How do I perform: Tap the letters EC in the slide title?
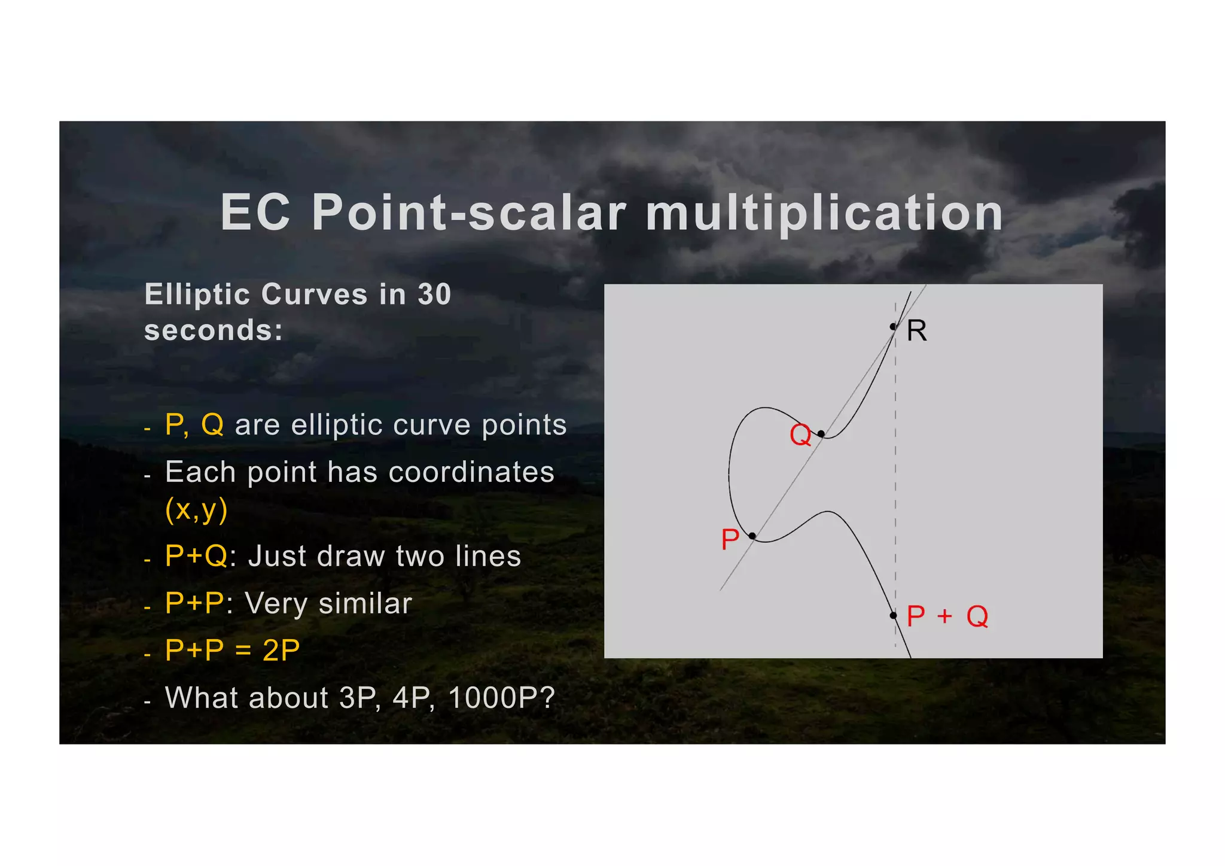point(255,213)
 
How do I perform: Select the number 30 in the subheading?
point(434,294)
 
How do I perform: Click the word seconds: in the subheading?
point(214,330)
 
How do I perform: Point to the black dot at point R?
point(893,327)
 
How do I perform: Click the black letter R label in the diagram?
point(916,331)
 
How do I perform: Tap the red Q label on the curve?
point(800,434)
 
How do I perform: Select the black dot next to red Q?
point(821,433)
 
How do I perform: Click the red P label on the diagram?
point(730,539)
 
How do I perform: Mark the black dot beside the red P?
point(752,536)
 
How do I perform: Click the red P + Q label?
point(947,616)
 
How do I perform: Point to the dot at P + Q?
point(893,615)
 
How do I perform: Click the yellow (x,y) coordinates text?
point(196,509)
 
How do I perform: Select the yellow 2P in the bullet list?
point(281,651)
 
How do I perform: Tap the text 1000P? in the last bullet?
point(501,698)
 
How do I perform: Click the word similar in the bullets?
point(365,603)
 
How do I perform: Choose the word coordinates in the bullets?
point(471,472)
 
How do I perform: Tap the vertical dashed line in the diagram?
point(895,479)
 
